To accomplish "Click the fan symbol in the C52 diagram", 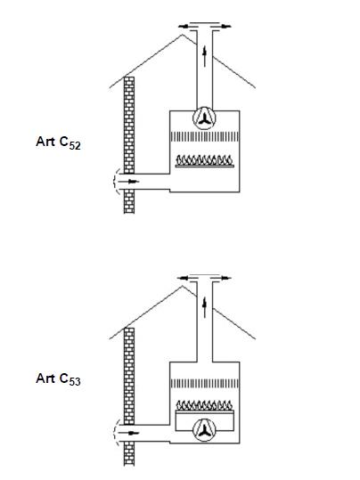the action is (204, 118).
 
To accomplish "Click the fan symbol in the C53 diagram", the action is (204, 430).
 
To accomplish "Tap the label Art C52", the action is (58, 142).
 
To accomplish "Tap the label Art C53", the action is (58, 379).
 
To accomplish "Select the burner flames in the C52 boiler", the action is (204, 160).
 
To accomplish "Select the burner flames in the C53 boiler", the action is (204, 405).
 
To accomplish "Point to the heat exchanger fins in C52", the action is (204, 137).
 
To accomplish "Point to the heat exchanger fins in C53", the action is (204, 384).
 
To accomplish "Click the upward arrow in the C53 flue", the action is (204, 307).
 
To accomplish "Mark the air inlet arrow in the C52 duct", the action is (128, 182).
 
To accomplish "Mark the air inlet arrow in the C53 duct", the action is (128, 433).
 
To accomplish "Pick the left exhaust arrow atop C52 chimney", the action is (187, 27).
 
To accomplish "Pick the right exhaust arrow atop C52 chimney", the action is (222, 27).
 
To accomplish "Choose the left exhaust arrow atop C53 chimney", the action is (187, 278).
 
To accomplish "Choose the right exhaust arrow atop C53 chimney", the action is (222, 278).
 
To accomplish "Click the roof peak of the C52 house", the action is (183, 35).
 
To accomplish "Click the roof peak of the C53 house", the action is (183, 286).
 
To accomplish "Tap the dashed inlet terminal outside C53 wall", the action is (114, 432).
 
